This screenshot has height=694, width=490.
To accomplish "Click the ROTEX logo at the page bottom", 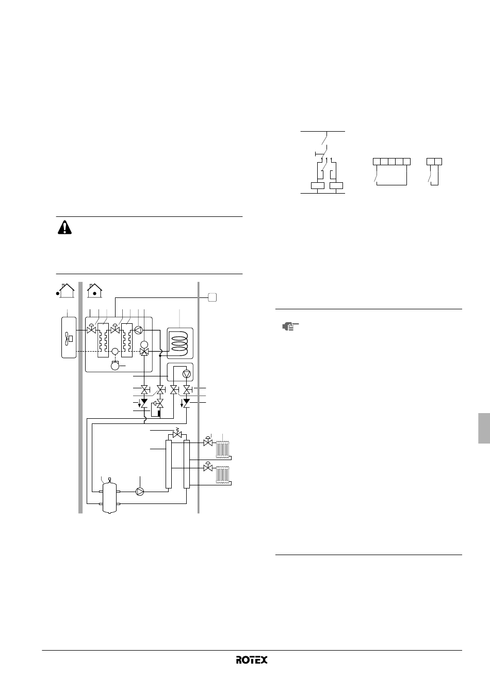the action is pyautogui.click(x=252, y=659).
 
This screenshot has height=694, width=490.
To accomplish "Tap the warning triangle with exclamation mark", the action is pyautogui.click(x=64, y=227).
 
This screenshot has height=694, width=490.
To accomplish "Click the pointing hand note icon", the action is pyautogui.click(x=290, y=326).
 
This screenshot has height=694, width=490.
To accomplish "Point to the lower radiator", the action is pyautogui.click(x=223, y=475).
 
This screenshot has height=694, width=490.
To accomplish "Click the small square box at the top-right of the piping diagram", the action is pyautogui.click(x=212, y=297).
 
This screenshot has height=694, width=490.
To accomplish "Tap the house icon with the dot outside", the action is pyautogui.click(x=66, y=291).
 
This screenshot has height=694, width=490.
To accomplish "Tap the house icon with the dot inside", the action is pyautogui.click(x=95, y=291).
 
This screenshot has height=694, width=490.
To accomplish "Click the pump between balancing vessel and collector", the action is pyautogui.click(x=140, y=492).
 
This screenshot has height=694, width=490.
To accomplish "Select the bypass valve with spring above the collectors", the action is pyautogui.click(x=177, y=433).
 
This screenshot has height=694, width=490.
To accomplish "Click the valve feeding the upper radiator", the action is pyautogui.click(x=208, y=441).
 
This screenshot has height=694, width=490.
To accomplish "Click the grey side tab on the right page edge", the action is pyautogui.click(x=484, y=428).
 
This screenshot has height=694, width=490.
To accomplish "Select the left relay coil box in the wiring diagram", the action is pyautogui.click(x=318, y=185).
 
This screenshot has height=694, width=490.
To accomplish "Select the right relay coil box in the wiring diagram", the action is pyautogui.click(x=336, y=185).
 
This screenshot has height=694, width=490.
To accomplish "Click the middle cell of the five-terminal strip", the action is pyautogui.click(x=391, y=162).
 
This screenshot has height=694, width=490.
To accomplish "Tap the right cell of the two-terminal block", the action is pyautogui.click(x=438, y=162).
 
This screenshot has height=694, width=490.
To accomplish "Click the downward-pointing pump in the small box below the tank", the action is pyautogui.click(x=187, y=374).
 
